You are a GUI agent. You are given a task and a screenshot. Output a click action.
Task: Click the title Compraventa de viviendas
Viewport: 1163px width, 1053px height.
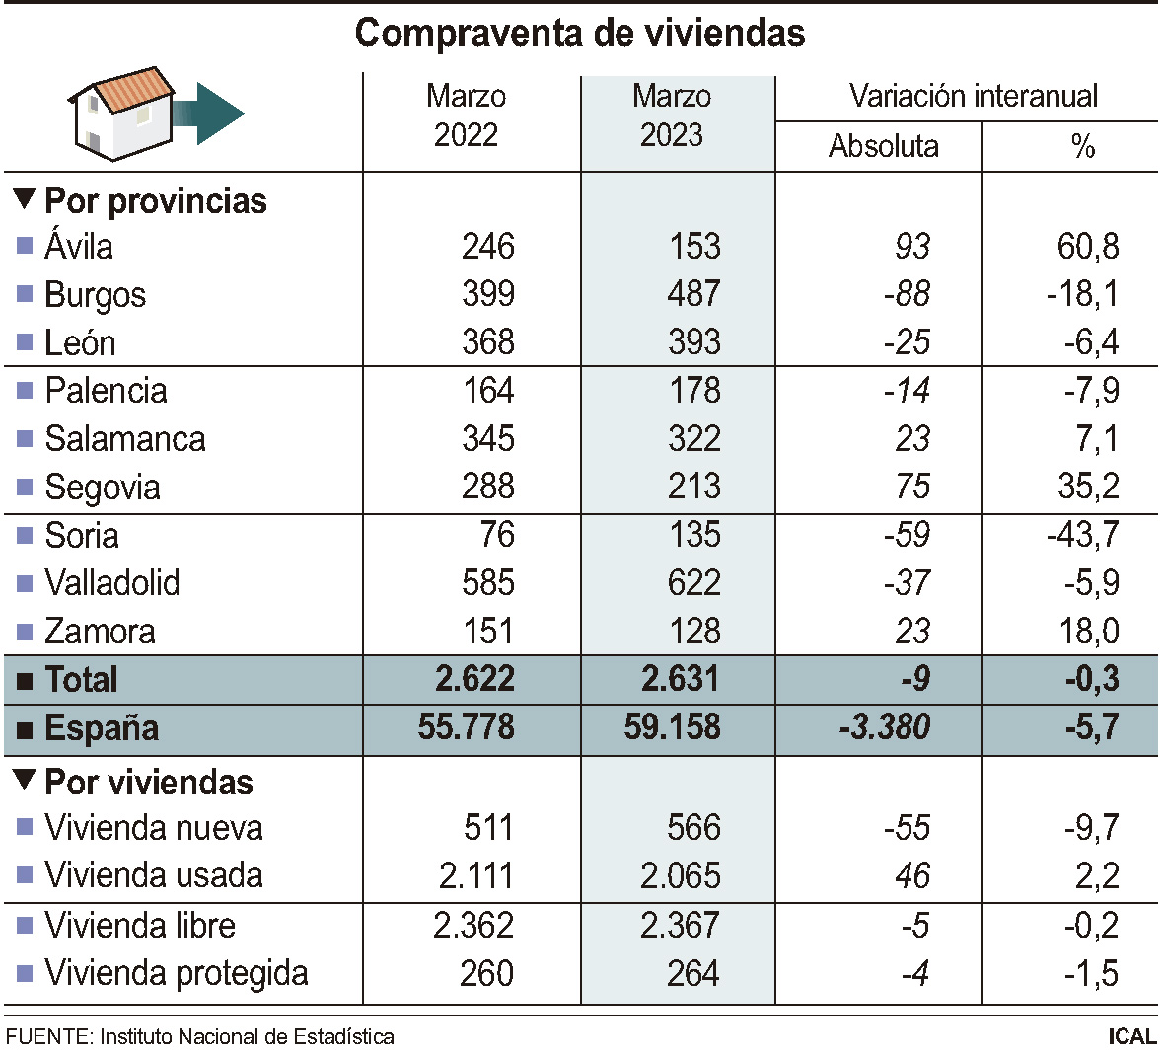[580, 34]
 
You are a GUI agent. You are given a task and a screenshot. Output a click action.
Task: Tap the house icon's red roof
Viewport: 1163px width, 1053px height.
[135, 90]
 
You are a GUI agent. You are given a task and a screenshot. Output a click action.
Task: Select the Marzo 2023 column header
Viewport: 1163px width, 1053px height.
[672, 115]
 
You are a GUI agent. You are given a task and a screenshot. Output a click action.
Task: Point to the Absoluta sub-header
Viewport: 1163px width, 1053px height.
[883, 147]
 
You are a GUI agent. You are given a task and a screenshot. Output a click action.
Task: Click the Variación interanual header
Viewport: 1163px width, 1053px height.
[973, 97]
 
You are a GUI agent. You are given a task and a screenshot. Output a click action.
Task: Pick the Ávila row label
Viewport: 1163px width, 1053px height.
[79, 246]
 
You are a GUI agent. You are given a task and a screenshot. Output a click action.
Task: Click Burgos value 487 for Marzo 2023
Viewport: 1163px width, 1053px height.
[693, 294]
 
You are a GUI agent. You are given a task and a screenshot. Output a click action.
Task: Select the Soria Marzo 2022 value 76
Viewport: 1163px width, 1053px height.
[496, 535]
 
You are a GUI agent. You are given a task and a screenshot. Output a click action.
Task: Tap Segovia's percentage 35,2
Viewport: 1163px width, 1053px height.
[1087, 487]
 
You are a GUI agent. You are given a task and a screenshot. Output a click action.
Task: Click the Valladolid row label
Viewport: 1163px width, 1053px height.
[112, 583]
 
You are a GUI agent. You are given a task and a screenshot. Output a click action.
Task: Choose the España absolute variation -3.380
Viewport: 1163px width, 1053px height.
[884, 728]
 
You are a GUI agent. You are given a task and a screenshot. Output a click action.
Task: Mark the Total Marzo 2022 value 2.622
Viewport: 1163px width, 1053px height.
[474, 680]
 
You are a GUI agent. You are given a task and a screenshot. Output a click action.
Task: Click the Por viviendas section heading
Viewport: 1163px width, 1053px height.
[149, 783]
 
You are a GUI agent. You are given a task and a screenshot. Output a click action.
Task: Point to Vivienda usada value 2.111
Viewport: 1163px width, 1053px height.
[473, 876]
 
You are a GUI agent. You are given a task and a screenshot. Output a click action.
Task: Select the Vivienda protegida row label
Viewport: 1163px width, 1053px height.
[176, 974]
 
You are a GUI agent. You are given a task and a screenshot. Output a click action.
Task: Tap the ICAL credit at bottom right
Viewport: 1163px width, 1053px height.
[1130, 1036]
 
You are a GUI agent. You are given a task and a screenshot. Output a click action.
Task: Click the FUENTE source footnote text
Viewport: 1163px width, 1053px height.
[199, 1037]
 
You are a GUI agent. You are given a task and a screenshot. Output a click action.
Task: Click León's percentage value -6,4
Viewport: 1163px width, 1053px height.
[1091, 342]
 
